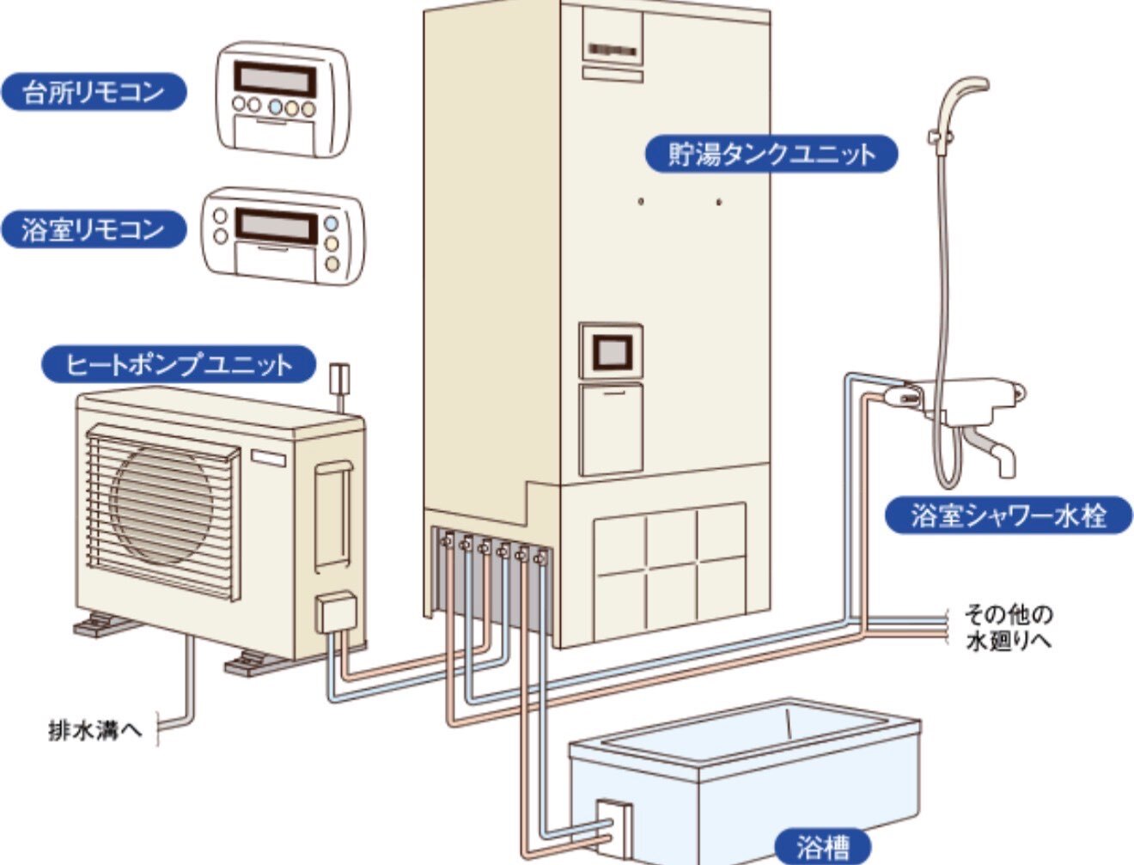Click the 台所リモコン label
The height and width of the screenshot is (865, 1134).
pyautogui.click(x=93, y=92)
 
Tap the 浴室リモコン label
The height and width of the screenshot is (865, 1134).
pyautogui.click(x=93, y=229)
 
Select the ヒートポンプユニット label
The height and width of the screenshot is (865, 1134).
pyautogui.click(x=179, y=364)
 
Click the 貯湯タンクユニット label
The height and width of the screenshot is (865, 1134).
pyautogui.click(x=771, y=155)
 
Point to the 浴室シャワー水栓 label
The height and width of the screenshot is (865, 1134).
pyautogui.click(x=1009, y=515)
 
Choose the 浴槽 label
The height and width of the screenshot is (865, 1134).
pyautogui.click(x=821, y=847)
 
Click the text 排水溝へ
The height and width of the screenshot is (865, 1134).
pyautogui.click(x=94, y=732)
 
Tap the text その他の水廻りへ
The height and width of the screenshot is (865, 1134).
pyautogui.click(x=1008, y=627)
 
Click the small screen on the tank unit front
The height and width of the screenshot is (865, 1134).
pyautogui.click(x=611, y=351)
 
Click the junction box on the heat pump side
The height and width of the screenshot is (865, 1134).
pyautogui.click(x=333, y=613)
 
